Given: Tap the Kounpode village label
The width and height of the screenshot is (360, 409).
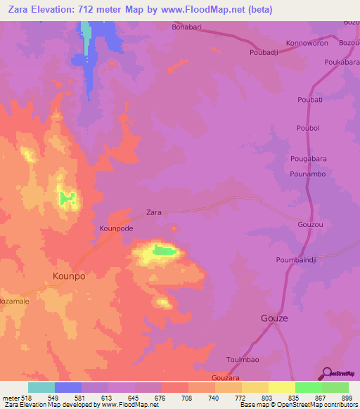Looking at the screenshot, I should click(x=116, y=228).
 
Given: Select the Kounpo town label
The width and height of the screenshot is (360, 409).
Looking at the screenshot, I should click(x=70, y=276).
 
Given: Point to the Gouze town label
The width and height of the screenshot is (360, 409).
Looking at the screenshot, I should click(x=275, y=317).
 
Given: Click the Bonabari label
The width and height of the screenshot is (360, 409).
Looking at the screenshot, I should click(x=186, y=27).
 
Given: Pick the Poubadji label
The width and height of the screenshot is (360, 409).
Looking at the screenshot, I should click(x=265, y=52).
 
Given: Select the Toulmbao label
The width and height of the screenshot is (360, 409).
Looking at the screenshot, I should click(x=242, y=359).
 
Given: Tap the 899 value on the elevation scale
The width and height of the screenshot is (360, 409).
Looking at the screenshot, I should click(x=347, y=398).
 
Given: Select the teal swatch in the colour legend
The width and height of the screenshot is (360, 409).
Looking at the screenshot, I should click(x=41, y=387).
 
